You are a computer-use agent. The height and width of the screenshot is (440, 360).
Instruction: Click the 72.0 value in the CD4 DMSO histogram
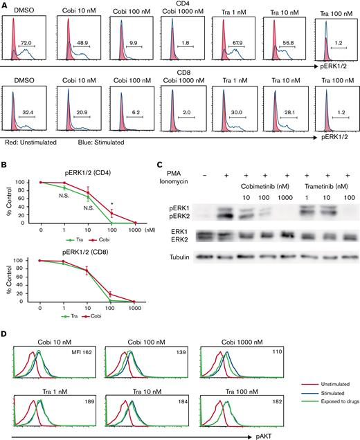[x=28, y=43]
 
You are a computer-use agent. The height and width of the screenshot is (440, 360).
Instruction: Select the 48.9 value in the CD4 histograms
[x=80, y=43]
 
